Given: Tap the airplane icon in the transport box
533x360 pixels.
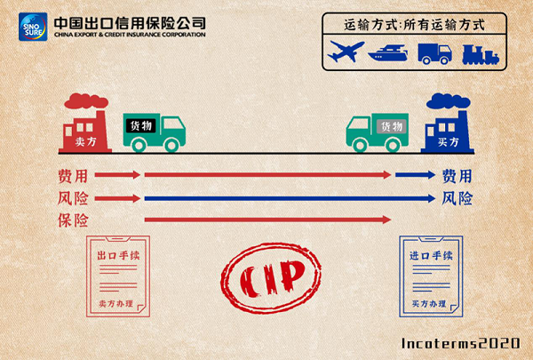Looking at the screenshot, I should point(346,52).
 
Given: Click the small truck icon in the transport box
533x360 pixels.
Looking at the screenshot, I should point(434,52).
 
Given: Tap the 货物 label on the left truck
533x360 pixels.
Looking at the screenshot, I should point(141,126).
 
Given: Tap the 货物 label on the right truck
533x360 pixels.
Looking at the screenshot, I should point(391,126).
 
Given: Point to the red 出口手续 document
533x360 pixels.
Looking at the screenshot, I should point(117,276).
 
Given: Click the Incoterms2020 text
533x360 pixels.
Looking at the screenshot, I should point(461,342).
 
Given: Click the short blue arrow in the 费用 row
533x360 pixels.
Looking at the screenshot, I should point(415,175).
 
